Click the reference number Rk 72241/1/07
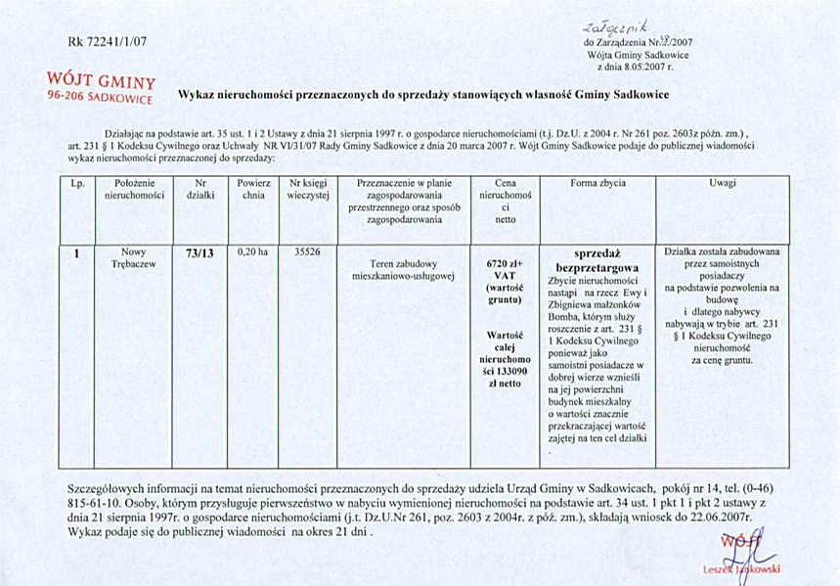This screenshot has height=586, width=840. pos(107,42)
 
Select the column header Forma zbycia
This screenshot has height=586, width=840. pos(597,183)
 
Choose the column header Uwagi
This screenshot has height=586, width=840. pos(724,183)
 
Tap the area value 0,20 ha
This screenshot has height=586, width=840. pos(253,251)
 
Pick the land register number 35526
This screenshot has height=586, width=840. pos(308,251)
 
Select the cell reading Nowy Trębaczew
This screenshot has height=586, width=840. pos(138,258)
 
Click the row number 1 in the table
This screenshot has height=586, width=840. pos(76,252)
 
